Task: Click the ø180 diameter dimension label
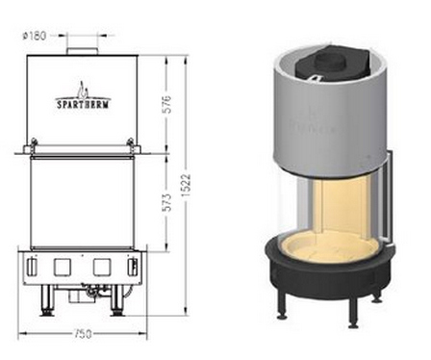click(x=34, y=36)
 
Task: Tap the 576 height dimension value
click(x=166, y=104)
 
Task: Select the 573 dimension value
click(x=166, y=202)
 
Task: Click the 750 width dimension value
click(x=83, y=334)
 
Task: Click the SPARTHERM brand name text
click(x=83, y=104)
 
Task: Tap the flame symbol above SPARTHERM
click(x=83, y=90)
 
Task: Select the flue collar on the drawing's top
click(x=82, y=51)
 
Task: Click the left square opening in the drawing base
click(x=63, y=268)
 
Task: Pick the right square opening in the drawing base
click(x=102, y=268)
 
